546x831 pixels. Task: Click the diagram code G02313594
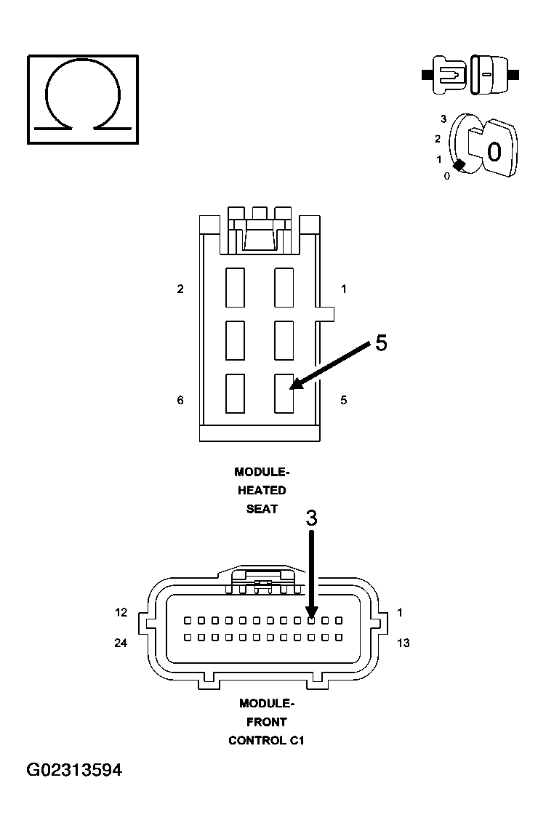tap(74, 770)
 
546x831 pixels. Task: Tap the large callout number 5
tap(381, 343)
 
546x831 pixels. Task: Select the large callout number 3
tap(312, 518)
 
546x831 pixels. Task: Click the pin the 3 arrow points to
tap(312, 620)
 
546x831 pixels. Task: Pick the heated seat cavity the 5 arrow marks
tap(284, 393)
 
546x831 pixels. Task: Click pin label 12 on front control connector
tap(121, 612)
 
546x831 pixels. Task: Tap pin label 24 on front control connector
tap(121, 643)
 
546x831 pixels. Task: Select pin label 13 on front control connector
tap(403, 643)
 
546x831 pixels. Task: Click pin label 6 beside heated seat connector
tap(180, 400)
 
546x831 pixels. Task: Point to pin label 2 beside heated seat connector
tap(180, 289)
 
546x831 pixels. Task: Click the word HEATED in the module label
tap(262, 490)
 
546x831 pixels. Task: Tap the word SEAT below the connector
tap(262, 509)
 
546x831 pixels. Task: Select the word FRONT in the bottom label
tap(267, 722)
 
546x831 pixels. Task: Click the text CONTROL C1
tap(267, 740)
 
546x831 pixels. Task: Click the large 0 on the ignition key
tap(494, 152)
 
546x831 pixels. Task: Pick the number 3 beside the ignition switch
tap(443, 119)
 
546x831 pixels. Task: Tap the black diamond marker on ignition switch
tap(459, 165)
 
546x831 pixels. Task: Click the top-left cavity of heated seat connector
tap(236, 288)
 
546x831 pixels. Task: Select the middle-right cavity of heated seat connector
tap(284, 340)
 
